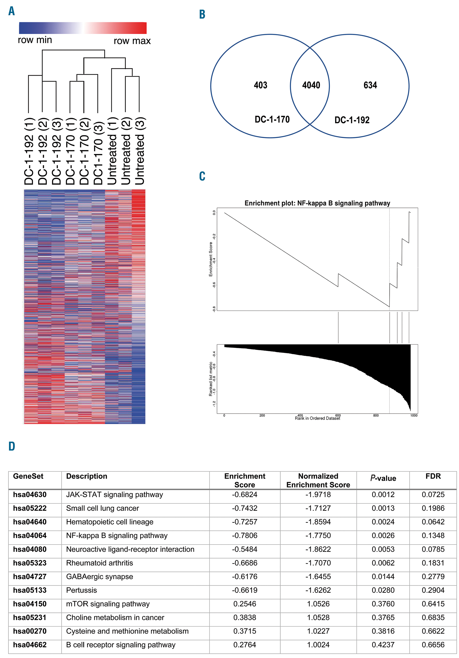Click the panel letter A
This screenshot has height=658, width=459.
(11, 11)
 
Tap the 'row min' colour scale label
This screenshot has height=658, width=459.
(35, 40)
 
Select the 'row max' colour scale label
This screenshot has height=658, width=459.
(132, 41)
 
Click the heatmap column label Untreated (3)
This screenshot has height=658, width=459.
(140, 151)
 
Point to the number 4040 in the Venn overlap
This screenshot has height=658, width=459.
(311, 85)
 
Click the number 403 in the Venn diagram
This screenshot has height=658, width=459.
(260, 85)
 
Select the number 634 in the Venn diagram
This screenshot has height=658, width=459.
(370, 85)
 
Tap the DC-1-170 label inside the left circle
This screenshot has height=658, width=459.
(272, 119)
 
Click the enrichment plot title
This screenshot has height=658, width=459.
(317, 203)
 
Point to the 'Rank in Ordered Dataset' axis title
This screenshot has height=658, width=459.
(317, 418)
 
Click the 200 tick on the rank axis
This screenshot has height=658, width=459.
(262, 415)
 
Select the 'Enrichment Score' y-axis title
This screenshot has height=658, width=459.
(211, 259)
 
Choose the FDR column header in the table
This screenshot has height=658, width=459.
(433, 476)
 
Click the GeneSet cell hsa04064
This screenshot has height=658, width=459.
(30, 535)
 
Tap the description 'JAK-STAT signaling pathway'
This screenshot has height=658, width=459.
(115, 494)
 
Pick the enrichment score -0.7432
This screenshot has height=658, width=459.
(245, 508)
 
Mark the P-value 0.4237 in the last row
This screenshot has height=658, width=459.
(383, 644)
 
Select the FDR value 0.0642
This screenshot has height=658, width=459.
(433, 522)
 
